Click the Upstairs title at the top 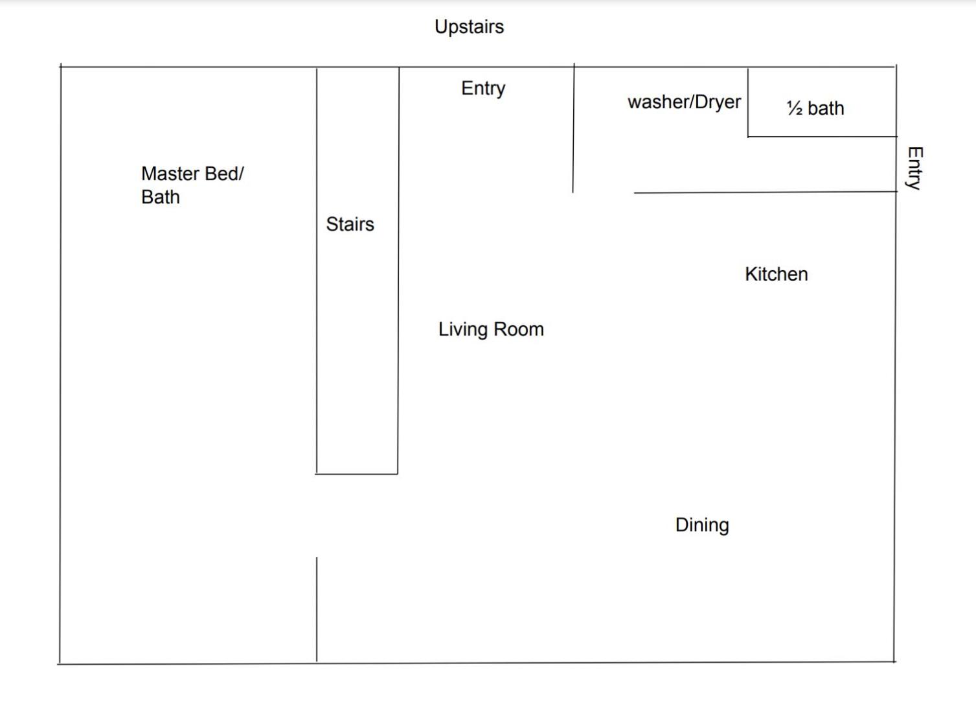coord(469,27)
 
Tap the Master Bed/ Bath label coord(192,185)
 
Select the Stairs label coord(350,224)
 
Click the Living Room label coord(491,329)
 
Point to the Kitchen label coord(777,274)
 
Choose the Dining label coord(702,525)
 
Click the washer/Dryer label coord(685,102)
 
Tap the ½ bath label coord(815,108)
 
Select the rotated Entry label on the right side coord(915,168)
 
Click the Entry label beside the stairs coord(483,89)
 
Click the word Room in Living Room coord(519,329)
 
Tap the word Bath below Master coord(161,197)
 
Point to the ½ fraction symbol coord(795,108)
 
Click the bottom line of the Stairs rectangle coord(356,474)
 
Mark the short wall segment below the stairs coord(317,610)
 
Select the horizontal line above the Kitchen coord(766,192)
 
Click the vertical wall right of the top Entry coord(573,128)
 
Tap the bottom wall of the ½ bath coord(823,137)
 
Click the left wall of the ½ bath coord(747,102)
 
